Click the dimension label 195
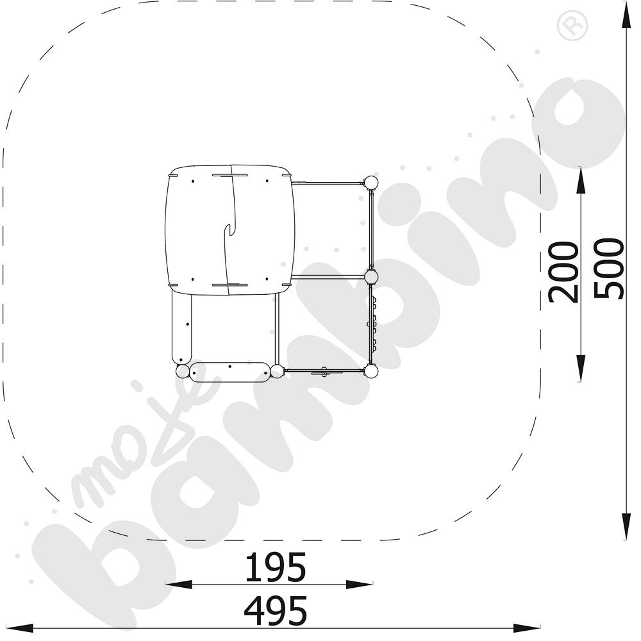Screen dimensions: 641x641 [x=275, y=567]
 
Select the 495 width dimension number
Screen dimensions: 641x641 [x=275, y=610]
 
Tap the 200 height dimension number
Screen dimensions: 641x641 [x=563, y=272]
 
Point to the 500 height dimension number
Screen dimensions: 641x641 [x=609, y=269]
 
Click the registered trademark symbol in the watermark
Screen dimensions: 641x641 [x=572, y=26]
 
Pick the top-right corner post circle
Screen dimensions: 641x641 [x=370, y=182]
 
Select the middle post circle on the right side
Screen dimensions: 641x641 [x=371, y=277]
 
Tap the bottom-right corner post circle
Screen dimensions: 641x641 [x=370, y=371]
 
